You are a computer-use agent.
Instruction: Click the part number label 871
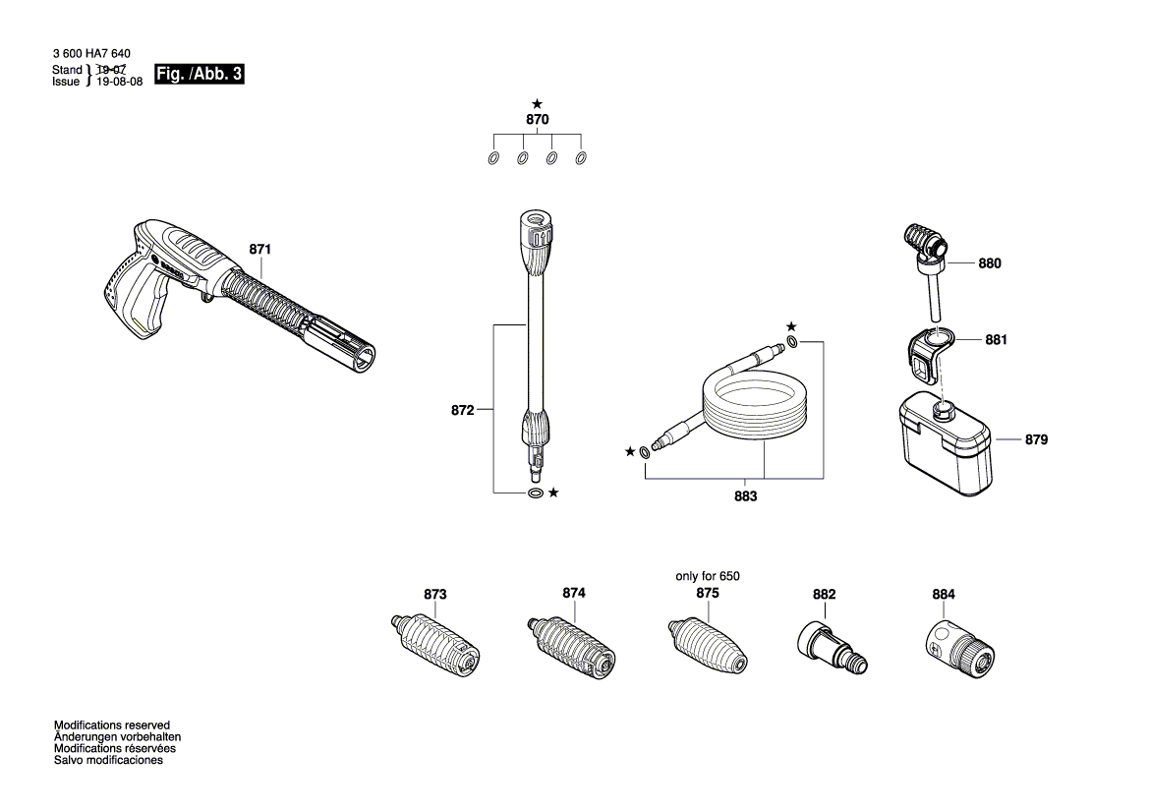point(259,251)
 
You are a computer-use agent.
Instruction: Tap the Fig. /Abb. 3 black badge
point(199,75)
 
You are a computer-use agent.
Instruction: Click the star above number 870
point(537,103)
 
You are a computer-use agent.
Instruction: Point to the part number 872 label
point(463,409)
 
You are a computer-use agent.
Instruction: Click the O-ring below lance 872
point(535,492)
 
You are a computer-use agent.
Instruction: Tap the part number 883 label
point(746,496)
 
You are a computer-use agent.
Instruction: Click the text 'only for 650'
point(707,576)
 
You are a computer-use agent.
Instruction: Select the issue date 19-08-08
point(119,83)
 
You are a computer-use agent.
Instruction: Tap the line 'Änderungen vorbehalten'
point(117,736)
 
